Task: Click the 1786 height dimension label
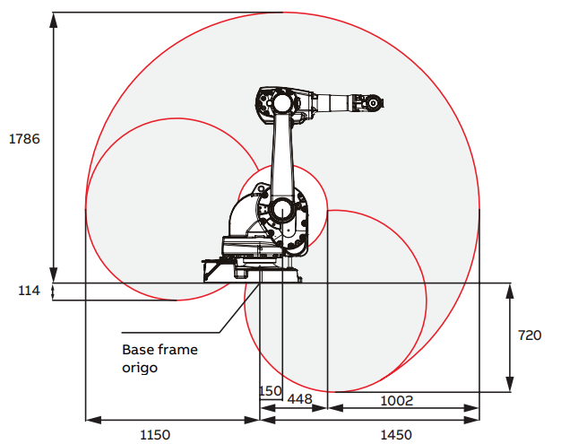[x=24, y=139]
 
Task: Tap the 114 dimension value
[x=29, y=291]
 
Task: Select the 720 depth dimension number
[x=530, y=335]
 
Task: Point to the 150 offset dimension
[x=271, y=391]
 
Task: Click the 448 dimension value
[x=300, y=398]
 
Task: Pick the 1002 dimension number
[x=396, y=400]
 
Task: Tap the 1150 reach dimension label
[x=155, y=435]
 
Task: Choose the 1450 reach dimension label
[x=396, y=435]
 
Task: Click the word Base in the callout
[x=138, y=350]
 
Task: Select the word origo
[x=140, y=368]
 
